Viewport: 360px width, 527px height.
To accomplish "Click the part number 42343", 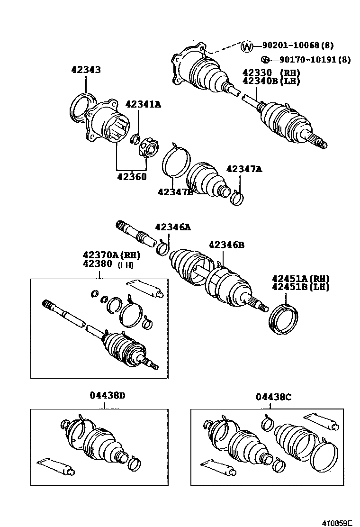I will coord(86,70).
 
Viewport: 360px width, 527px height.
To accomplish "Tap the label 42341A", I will coord(143,104).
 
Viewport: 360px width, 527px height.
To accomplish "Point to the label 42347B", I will coord(175,191).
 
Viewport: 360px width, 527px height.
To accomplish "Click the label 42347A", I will coord(244,169).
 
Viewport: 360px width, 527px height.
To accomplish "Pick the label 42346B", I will coord(226,245).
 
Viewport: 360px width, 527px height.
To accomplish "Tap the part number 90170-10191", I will coord(307,60).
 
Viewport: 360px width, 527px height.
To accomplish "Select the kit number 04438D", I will coord(108,396).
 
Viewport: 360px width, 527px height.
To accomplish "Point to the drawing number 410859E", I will coord(337,520).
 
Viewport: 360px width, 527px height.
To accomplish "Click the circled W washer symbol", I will coord(247,46).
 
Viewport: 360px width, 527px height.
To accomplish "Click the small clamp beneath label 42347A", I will coord(237,196).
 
